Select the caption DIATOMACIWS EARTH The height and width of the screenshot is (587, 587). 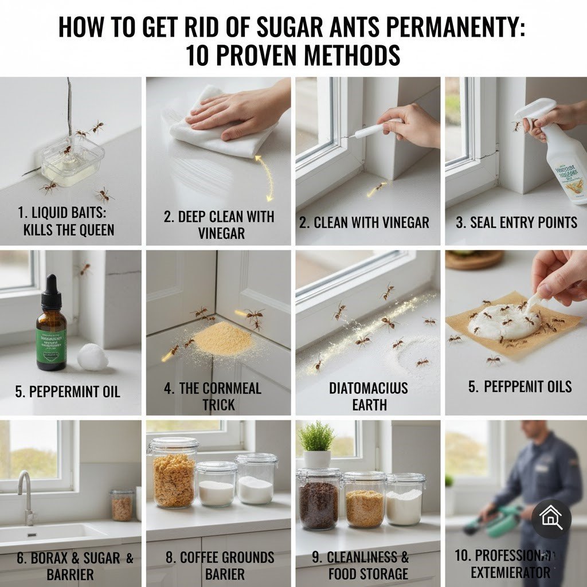click(369, 396)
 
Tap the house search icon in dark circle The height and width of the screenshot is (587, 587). click(551, 519)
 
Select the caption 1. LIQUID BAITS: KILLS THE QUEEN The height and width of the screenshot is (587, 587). click(66, 221)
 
